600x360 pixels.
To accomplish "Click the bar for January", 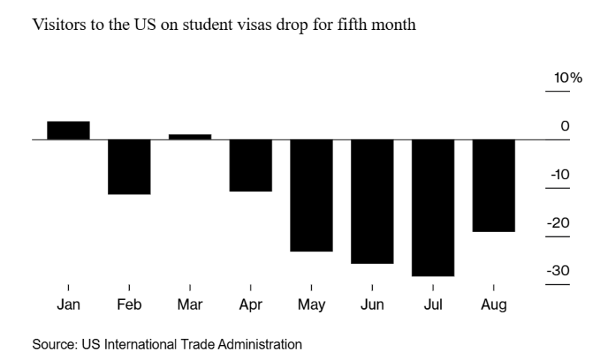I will pos(68,130).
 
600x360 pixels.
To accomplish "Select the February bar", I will pos(129,166).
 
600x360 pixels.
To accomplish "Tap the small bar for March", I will pos(190,136).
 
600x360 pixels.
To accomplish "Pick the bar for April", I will pos(250,165).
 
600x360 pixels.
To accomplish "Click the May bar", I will pos(311,195).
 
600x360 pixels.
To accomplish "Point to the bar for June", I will pos(372,201).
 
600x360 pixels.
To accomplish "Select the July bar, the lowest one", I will pos(433,208).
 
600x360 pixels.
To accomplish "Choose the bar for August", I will pos(493,185).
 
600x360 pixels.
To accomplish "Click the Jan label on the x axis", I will pos(68,305).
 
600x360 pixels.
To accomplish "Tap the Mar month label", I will pos(190,305).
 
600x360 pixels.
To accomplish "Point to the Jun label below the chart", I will pos(372,305).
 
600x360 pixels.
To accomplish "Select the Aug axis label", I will pos(493,305).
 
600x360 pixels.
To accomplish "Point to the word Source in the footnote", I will pos(49,345).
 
